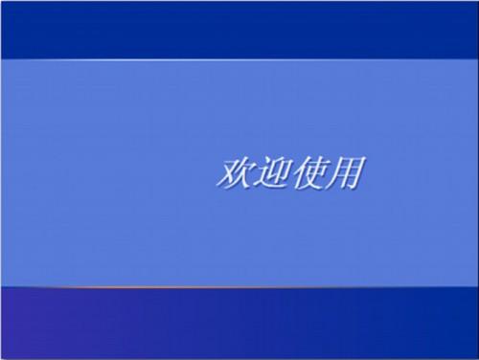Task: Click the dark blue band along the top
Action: click(239, 29)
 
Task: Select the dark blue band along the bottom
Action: click(239, 323)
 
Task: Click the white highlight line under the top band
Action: click(239, 59)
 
